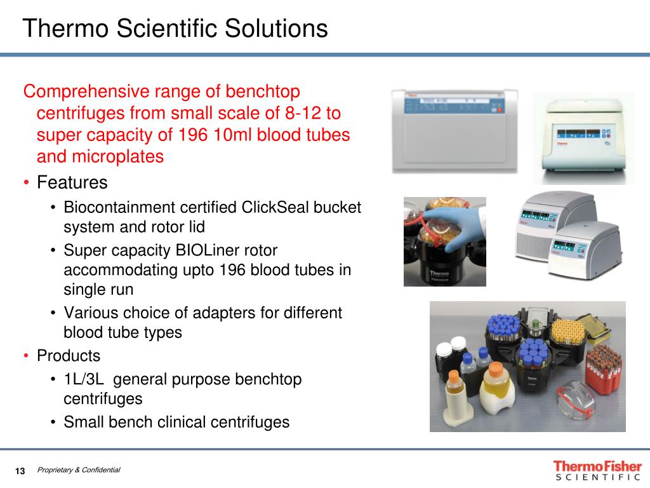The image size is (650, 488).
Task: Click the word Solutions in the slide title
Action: tap(277, 28)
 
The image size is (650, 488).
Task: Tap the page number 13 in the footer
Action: tap(20, 471)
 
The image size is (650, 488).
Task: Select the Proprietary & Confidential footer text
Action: tap(79, 470)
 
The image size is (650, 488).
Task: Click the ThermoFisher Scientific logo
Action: tap(598, 471)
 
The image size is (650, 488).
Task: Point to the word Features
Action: tap(72, 182)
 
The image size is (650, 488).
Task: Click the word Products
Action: tap(69, 356)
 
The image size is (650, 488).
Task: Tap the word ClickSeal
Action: tap(275, 207)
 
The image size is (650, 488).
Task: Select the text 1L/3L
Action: tap(84, 379)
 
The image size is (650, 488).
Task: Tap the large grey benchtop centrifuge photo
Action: tap(454, 131)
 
